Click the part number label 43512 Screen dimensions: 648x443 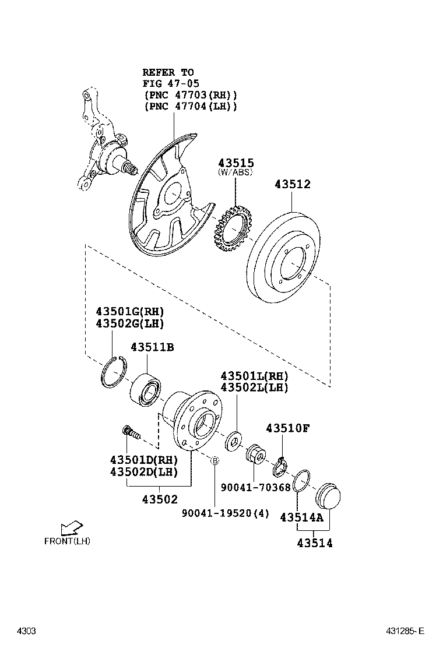293,184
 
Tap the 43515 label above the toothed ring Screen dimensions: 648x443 236,163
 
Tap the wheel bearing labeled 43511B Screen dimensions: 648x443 146,388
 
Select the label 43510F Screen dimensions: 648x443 287,428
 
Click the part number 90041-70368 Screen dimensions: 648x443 255,487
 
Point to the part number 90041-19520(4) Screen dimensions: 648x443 217,513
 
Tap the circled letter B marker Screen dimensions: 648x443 214,461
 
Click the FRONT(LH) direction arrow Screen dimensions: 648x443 71,527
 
